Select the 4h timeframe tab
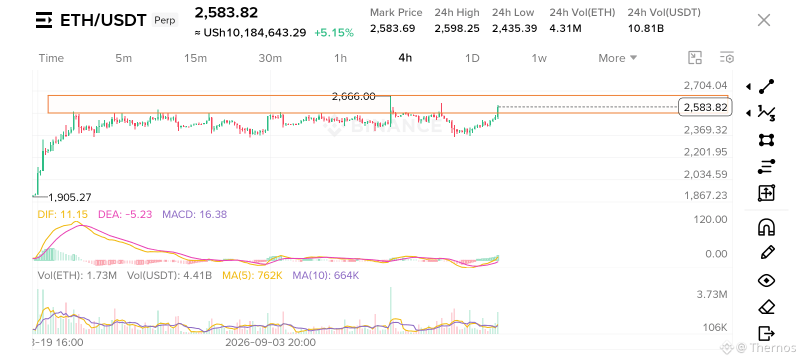point(405,58)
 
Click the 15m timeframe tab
point(195,58)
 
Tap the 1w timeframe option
point(539,58)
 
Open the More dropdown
point(617,58)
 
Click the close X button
point(764,20)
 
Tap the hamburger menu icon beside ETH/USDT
point(44,20)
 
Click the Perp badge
point(164,20)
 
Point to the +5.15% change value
point(334,33)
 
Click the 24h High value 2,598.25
point(457,28)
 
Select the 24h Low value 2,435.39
point(514,28)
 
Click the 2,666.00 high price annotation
point(353,96)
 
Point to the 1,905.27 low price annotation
point(69,197)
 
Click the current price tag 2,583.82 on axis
point(705,107)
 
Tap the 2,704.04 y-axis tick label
point(705,85)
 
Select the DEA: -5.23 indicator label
point(125,214)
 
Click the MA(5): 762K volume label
point(252,275)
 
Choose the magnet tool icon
point(766,227)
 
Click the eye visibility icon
point(766,280)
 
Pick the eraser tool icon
point(766,307)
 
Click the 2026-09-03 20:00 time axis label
point(270,342)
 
